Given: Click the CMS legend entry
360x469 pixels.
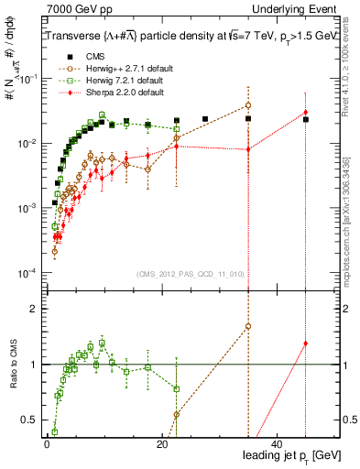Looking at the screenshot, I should pyautogui.click(x=82, y=57).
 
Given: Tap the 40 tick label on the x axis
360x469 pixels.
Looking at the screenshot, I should pyautogui.click(x=278, y=443).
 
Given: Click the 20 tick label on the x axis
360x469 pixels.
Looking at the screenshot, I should pyautogui.click(x=162, y=443).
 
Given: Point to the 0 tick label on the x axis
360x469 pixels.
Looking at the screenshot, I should pyautogui.click(x=47, y=443).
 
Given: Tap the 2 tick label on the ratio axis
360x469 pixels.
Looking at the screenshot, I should pyautogui.click(x=35, y=309).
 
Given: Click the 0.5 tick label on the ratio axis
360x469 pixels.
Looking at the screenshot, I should pyautogui.click(x=29, y=420).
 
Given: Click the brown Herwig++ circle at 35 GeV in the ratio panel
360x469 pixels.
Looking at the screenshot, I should pyautogui.click(x=248, y=326).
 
